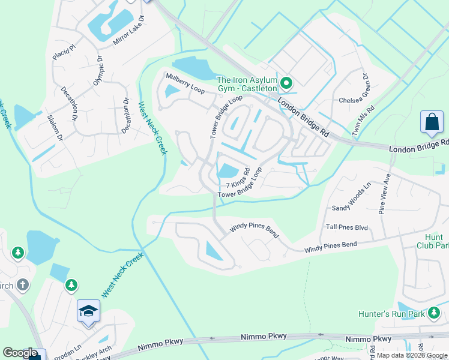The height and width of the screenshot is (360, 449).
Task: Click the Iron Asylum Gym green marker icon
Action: (286, 83)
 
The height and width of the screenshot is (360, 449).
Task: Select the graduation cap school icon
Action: (88, 311)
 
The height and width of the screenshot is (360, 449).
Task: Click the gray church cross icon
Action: (23, 284)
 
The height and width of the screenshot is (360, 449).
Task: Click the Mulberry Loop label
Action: (185, 82)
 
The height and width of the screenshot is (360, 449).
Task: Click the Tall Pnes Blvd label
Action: (347, 227)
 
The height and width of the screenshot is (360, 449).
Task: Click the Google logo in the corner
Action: (20, 353)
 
